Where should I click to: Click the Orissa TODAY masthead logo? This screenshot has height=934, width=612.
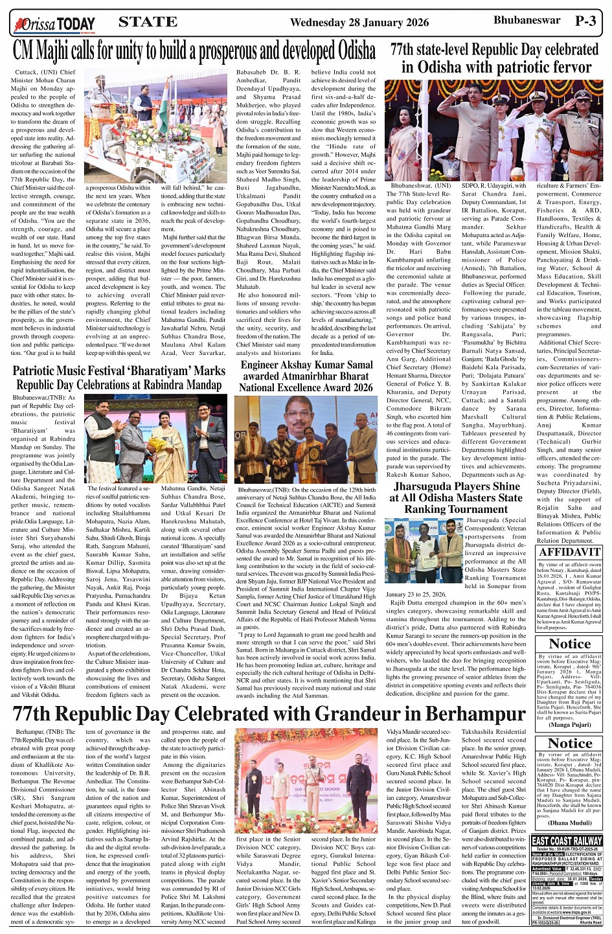54,24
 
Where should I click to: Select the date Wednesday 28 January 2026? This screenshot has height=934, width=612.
359,23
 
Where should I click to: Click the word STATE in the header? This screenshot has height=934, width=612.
148,22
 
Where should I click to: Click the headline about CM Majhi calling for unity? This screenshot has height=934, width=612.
194,51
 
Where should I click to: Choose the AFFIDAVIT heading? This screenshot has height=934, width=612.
569,552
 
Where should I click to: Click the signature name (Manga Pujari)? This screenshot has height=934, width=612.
569,725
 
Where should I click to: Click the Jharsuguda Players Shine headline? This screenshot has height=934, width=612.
457,497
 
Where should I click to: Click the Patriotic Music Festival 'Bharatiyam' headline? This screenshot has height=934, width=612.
119,378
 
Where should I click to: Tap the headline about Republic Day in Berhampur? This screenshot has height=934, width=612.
269,714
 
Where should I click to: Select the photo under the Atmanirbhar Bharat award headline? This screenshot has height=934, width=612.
306,440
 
